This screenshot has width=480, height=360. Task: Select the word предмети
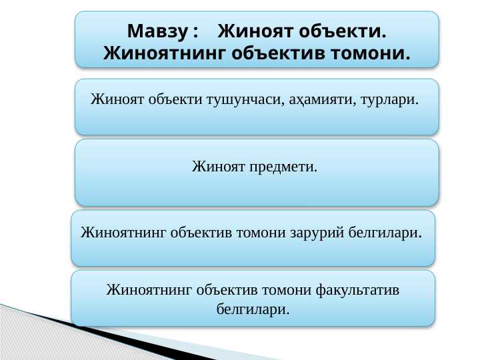tap(283, 166)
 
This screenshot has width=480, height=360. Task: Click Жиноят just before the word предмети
tap(219, 166)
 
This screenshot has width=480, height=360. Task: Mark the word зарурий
tap(321, 233)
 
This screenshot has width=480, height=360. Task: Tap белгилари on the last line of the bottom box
tap(253, 309)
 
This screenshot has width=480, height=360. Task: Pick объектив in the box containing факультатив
tap(225, 291)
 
